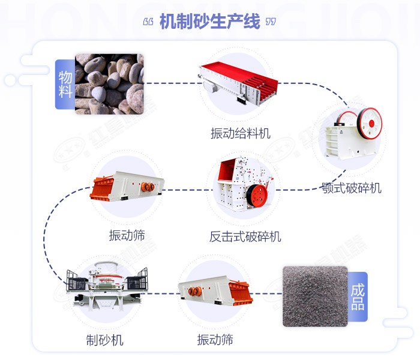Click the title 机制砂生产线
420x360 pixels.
click(x=210, y=22)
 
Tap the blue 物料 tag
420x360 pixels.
click(x=65, y=84)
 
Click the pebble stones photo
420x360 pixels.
click(x=109, y=84)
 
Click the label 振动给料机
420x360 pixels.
click(x=240, y=133)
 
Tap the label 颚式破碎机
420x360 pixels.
click(x=350, y=188)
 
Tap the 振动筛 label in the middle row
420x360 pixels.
click(x=127, y=235)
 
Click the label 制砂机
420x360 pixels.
click(x=104, y=340)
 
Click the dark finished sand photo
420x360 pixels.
click(x=314, y=296)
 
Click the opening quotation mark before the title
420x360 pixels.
click(x=149, y=22)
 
